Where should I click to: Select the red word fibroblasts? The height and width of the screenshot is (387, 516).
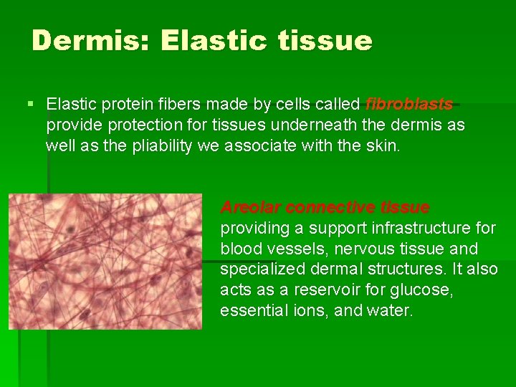(409, 105)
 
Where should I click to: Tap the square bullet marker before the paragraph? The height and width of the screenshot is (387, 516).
(30, 105)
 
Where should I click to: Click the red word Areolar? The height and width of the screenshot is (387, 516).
(251, 208)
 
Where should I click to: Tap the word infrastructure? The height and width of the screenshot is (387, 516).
(414, 229)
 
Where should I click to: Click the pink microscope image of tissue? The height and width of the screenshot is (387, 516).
(105, 261)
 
